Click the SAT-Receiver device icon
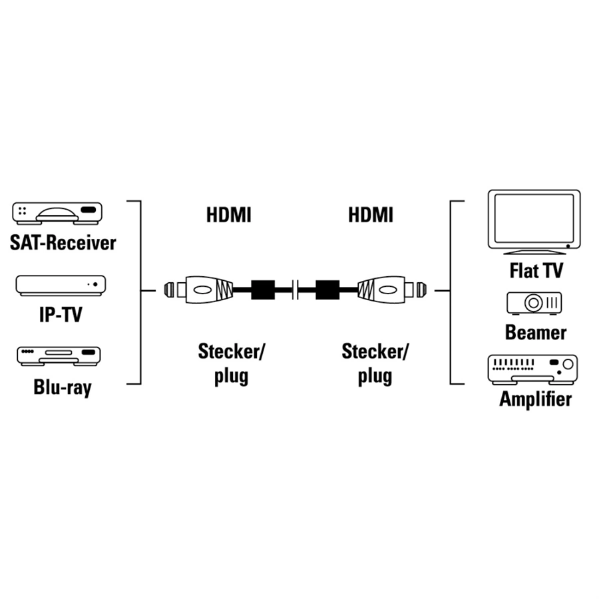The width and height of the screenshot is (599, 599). pos(57,213)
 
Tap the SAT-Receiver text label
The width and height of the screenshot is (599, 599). pos(63,243)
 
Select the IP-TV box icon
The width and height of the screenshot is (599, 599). pos(61,286)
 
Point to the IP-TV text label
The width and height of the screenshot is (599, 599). pos(61,314)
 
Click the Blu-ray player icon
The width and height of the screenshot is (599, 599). pos(59,356)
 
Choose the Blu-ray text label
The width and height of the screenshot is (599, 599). pos(63,387)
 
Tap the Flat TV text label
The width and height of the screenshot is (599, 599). pos(536,271)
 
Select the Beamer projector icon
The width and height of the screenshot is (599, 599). pos(534,303)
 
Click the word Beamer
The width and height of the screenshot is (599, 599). pos(536,332)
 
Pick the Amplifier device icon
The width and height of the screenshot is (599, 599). pos(533,369)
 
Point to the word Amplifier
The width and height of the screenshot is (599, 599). pos(536,399)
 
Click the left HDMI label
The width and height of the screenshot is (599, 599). pos(229,215)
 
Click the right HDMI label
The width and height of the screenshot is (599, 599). pos(371,215)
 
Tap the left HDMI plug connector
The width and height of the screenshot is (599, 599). pos(198,290)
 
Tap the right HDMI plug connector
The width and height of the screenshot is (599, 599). pos(392,290)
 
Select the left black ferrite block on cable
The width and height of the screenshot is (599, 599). pos(263,290)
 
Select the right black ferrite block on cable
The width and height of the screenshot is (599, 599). pos(327,290)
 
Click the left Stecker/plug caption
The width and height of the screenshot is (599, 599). pos(231,363)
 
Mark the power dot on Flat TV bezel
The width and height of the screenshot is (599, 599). pos(568,246)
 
